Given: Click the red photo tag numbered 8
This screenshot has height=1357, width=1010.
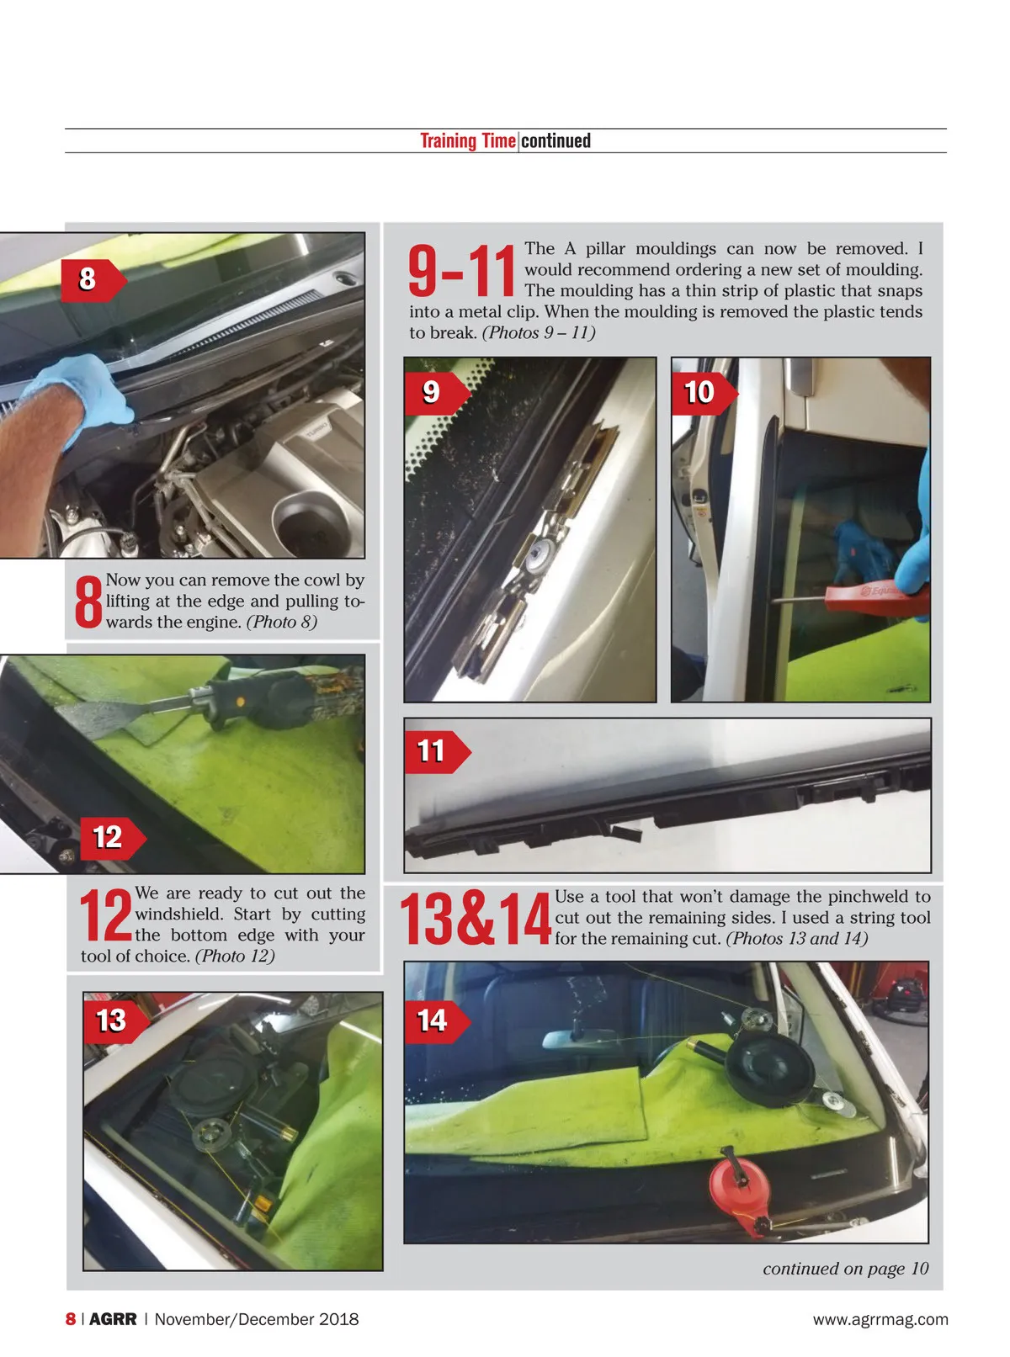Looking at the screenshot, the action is [x=93, y=279].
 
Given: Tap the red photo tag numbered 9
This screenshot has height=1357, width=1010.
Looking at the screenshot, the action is [x=437, y=393].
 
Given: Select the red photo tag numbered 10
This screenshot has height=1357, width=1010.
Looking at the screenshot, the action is [x=704, y=393].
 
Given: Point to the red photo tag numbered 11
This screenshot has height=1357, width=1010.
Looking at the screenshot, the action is [x=437, y=752].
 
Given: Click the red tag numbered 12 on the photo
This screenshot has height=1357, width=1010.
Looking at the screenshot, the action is [x=114, y=838].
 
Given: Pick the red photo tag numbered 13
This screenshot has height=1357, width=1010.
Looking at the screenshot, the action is [x=116, y=1021].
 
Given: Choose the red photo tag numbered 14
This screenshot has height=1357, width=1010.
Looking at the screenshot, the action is [x=437, y=1021].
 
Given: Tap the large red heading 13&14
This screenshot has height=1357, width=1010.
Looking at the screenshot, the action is [x=476, y=919].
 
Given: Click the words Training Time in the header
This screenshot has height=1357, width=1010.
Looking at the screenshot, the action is [x=468, y=140].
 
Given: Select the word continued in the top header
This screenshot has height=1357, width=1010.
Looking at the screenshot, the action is [x=555, y=140].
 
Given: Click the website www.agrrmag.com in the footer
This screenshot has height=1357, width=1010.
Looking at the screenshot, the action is [x=880, y=1319].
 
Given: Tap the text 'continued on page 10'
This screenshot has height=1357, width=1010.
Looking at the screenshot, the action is [x=845, y=1269].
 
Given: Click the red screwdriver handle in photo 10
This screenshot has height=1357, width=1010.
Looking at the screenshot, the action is [x=875, y=597].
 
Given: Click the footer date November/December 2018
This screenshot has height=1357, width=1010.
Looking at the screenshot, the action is [x=257, y=1319].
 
